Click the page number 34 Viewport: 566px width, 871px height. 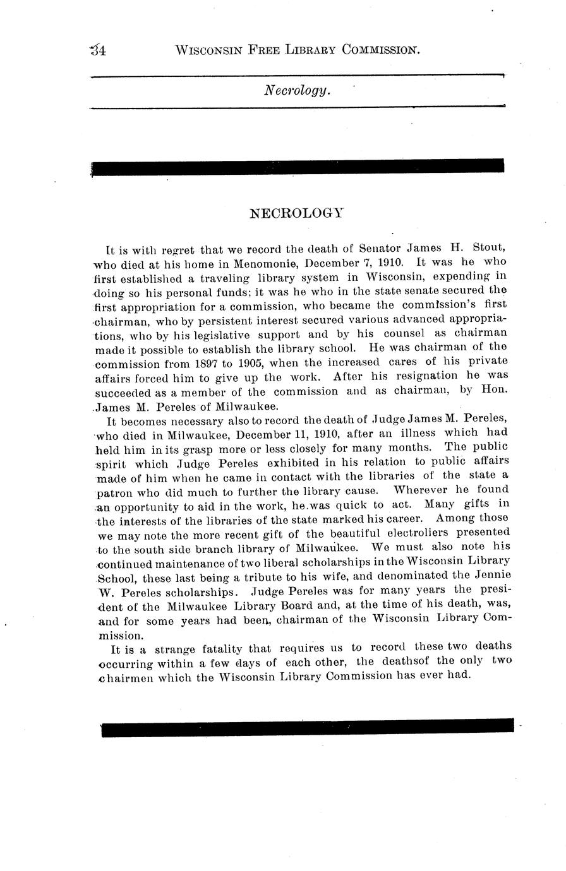[x=98, y=50]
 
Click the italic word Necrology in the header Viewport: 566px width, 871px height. [x=296, y=90]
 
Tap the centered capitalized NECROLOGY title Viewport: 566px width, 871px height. [x=296, y=213]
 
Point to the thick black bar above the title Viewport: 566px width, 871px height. [x=298, y=166]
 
